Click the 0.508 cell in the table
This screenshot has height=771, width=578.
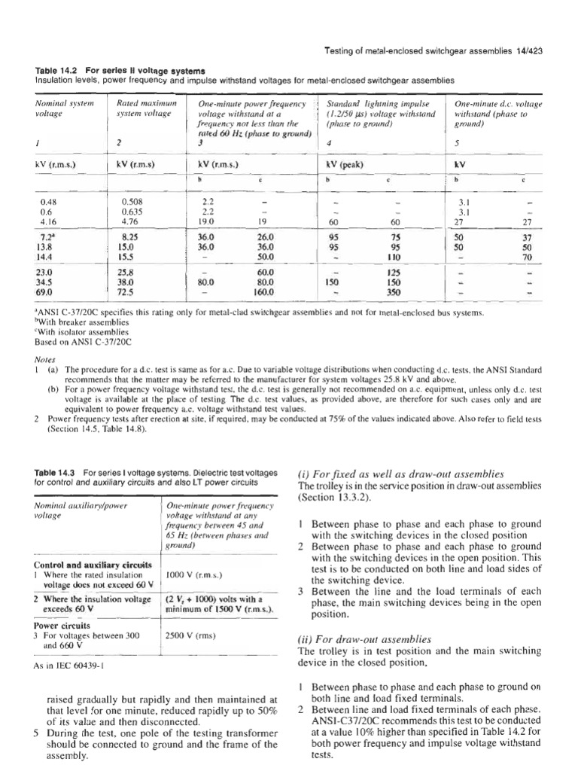click(x=131, y=203)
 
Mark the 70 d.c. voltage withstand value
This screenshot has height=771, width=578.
click(x=517, y=257)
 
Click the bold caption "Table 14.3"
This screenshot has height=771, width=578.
click(x=58, y=472)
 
